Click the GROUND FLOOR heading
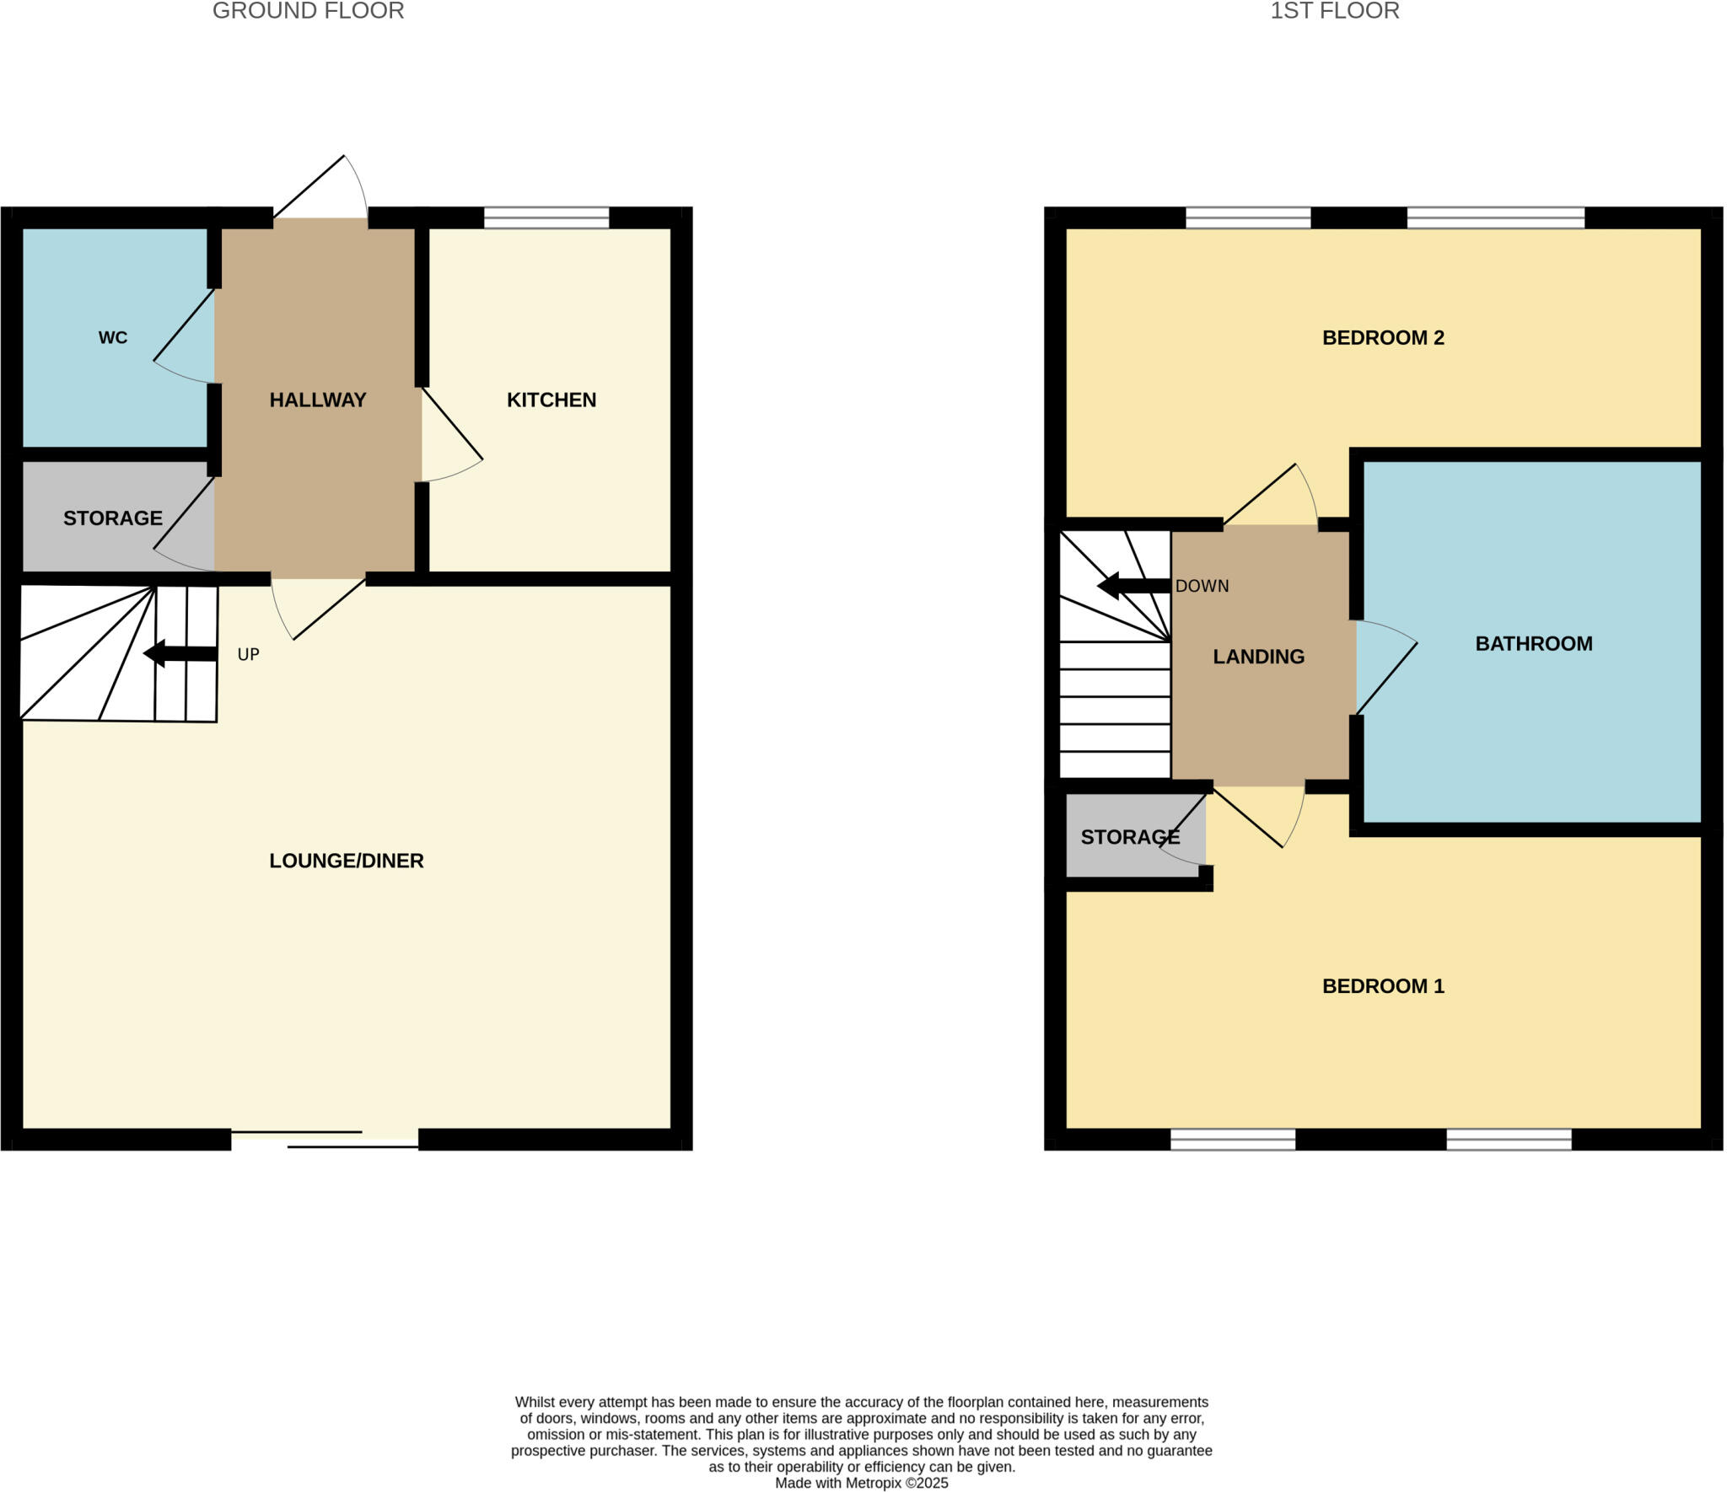[x=308, y=11]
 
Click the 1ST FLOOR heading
[x=1334, y=11]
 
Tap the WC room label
[x=113, y=338]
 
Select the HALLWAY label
[x=317, y=400]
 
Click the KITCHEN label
[x=551, y=400]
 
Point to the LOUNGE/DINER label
[x=346, y=861]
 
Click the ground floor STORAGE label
[x=112, y=518]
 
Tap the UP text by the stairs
[x=248, y=655]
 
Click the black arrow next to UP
[x=180, y=653]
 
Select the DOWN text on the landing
[x=1202, y=587]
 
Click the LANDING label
[x=1258, y=657]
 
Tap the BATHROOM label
[x=1533, y=644]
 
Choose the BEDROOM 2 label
[x=1383, y=338]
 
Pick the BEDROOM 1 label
[x=1383, y=986]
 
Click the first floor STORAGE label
[x=1130, y=837]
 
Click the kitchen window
[x=546, y=217]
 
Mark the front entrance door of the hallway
[x=320, y=190]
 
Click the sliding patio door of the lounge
[x=325, y=1139]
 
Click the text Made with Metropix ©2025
[x=861, y=1483]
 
